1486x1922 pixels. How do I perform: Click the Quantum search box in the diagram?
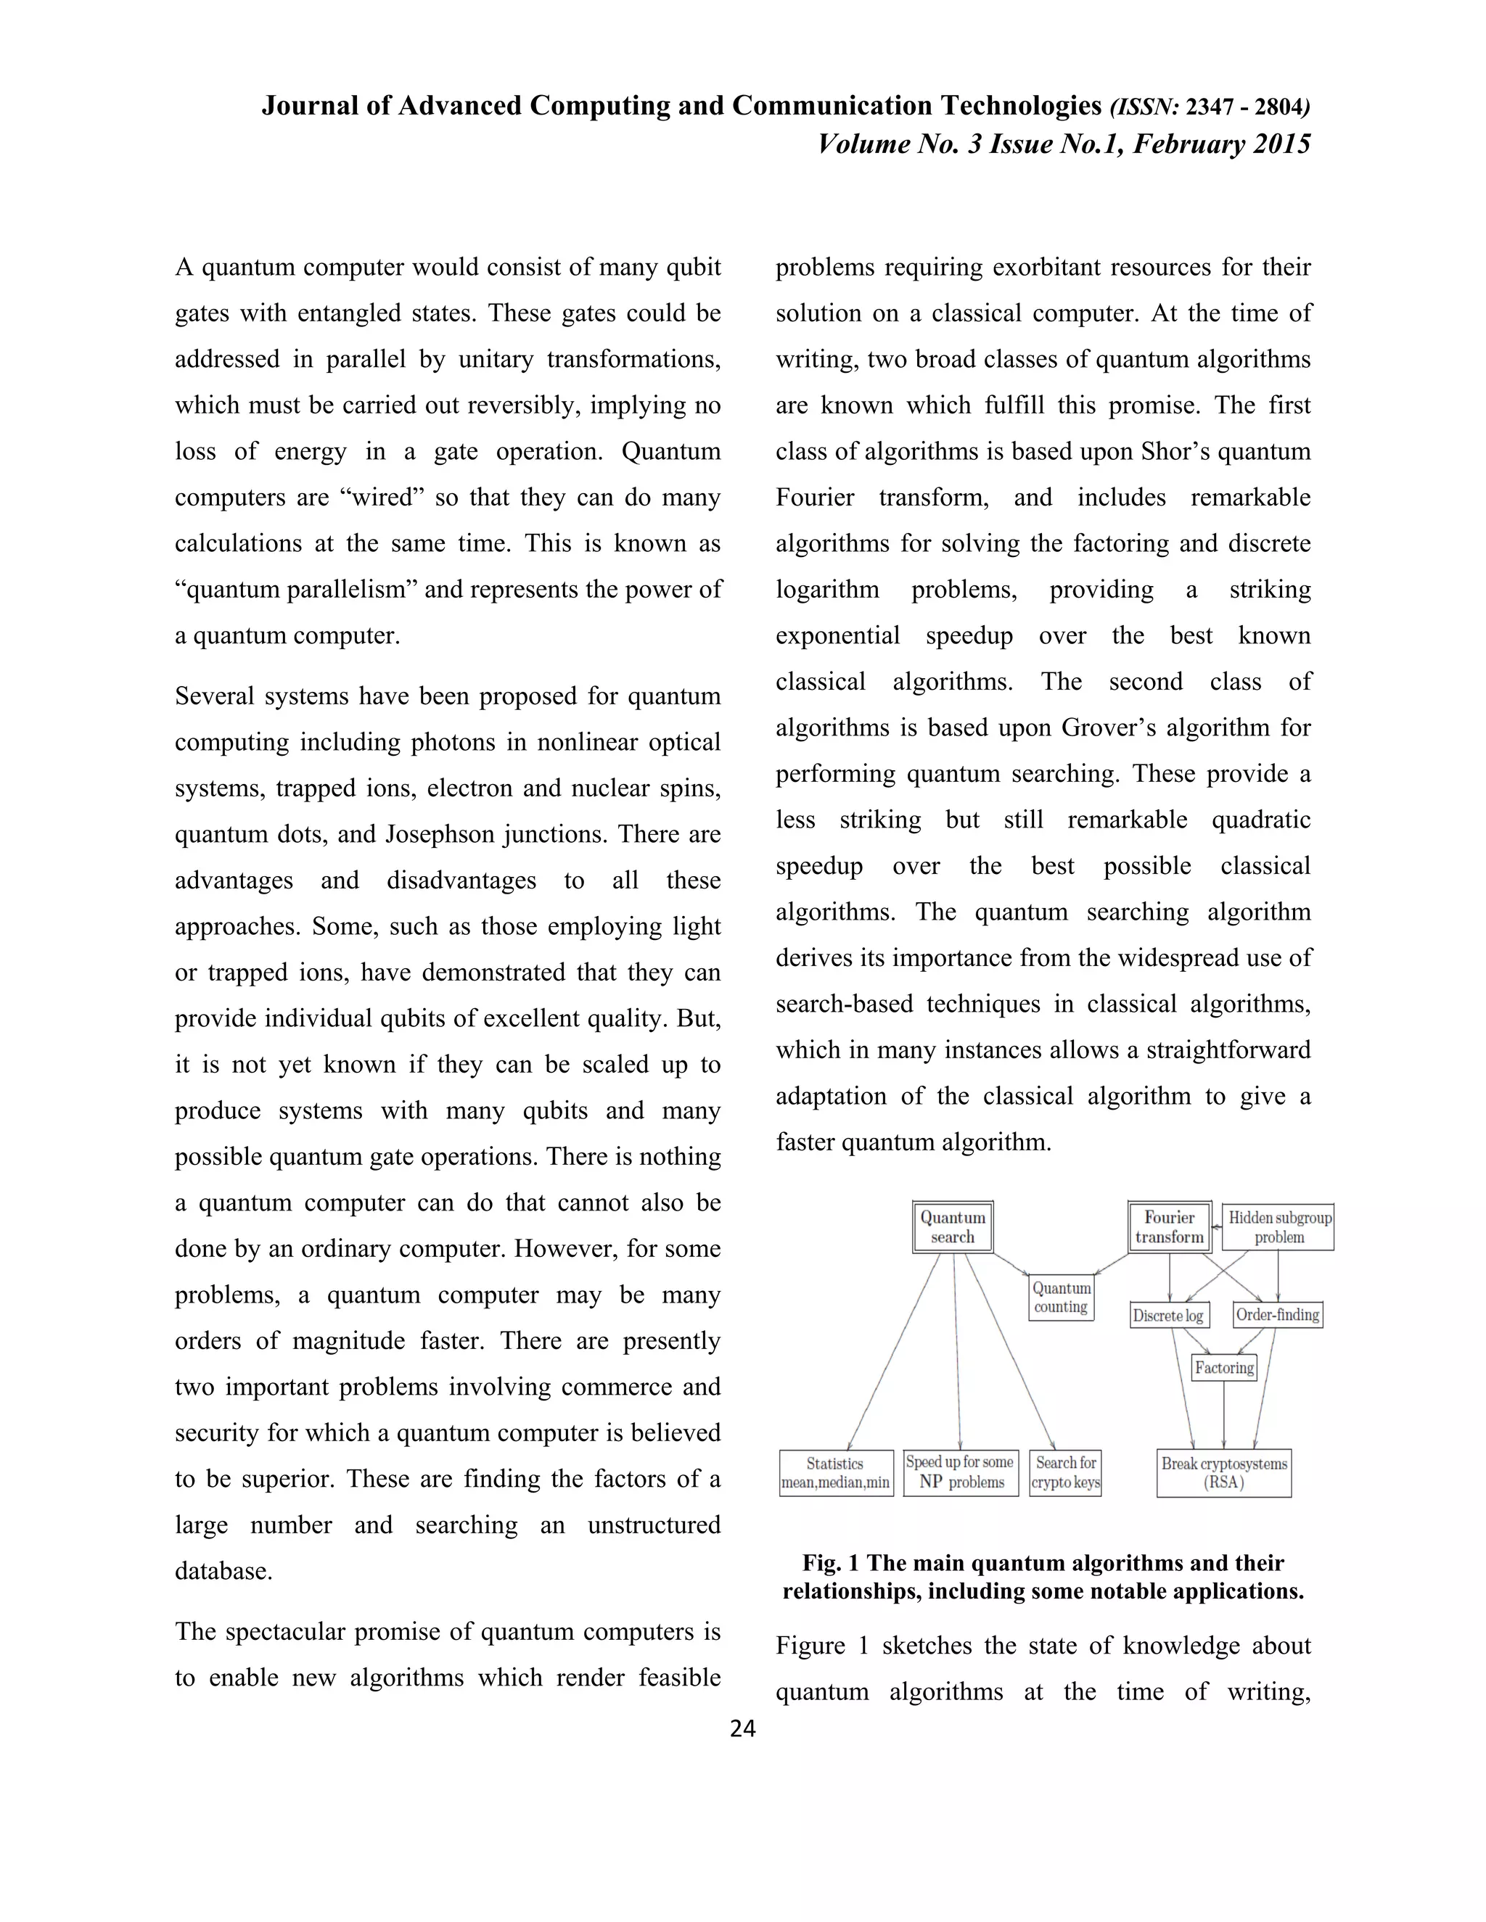point(953,1226)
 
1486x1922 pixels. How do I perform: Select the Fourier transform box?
point(1169,1226)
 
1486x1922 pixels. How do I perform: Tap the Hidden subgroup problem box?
point(1279,1226)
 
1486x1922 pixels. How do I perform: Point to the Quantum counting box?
point(1062,1298)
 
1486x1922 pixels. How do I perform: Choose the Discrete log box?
point(1169,1316)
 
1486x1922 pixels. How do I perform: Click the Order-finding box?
point(1277,1315)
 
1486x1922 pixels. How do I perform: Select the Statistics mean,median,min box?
point(835,1473)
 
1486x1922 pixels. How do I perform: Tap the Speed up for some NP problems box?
point(961,1472)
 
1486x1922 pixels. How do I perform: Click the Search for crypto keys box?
point(1065,1472)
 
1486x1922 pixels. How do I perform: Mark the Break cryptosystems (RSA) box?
point(1223,1472)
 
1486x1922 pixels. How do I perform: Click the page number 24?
point(743,1729)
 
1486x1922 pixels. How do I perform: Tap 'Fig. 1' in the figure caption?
point(831,1564)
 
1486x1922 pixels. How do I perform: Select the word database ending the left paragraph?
point(223,1571)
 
